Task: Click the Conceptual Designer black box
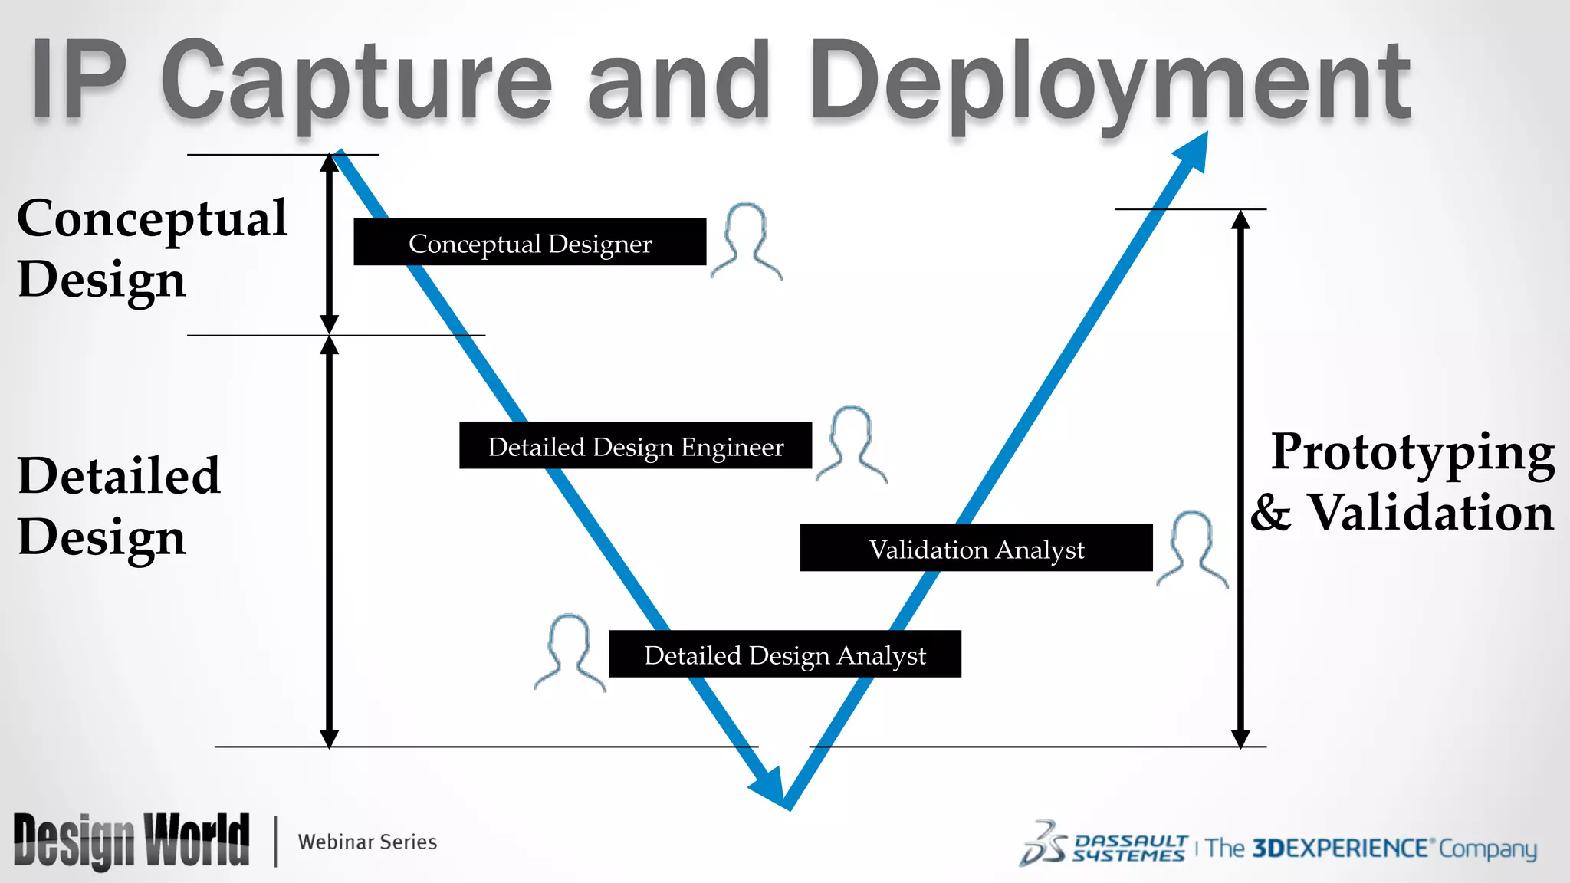(x=530, y=242)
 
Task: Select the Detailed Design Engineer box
(x=636, y=445)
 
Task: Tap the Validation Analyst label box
(x=976, y=548)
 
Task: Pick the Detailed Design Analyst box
(x=784, y=654)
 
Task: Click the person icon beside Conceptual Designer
(x=746, y=241)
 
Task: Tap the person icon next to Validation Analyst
(x=1192, y=549)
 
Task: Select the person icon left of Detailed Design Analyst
(x=570, y=652)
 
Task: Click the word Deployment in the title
(x=1109, y=83)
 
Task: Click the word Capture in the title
(x=356, y=83)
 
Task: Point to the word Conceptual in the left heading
(x=152, y=219)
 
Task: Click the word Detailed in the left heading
(x=119, y=475)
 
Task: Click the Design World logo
(x=131, y=841)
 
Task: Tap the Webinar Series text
(x=367, y=842)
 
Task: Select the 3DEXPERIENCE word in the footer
(x=1339, y=849)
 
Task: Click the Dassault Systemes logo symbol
(x=1043, y=844)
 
